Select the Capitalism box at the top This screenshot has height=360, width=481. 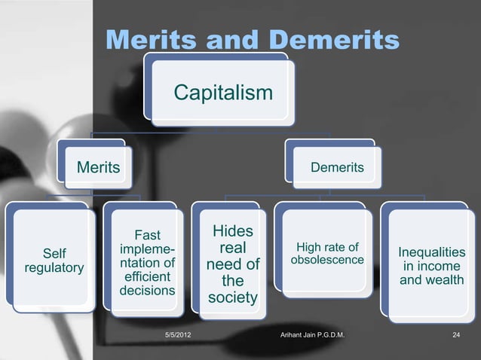coord(223,93)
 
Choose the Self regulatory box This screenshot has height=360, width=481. coord(53,261)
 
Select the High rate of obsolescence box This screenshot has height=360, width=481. coord(327,254)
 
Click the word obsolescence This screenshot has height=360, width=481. coord(327,261)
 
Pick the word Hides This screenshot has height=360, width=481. coord(232,230)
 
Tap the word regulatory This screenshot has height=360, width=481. coord(54,268)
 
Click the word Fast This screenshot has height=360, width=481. coord(147,235)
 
